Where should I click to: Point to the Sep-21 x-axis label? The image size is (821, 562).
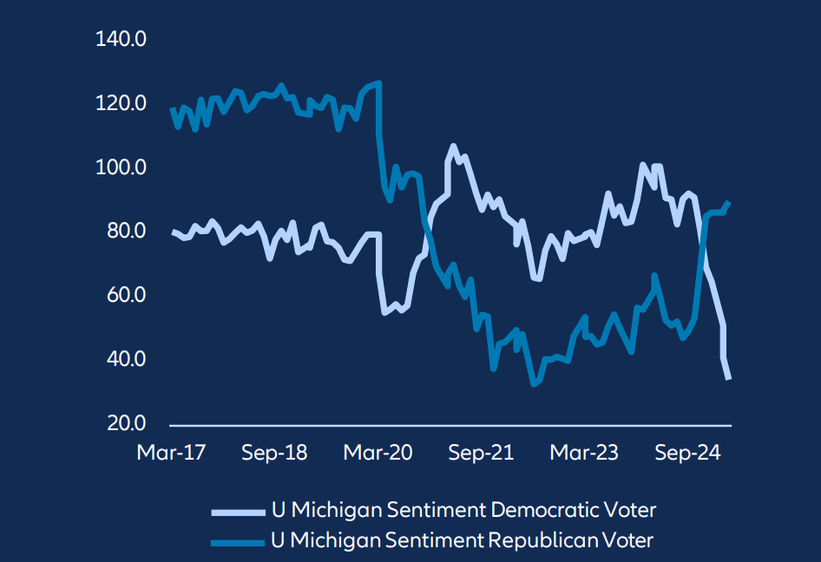point(481,454)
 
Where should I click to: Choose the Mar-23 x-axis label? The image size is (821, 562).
point(583,454)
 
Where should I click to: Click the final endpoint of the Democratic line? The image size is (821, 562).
point(728,379)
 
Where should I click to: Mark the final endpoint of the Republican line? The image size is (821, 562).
point(729,202)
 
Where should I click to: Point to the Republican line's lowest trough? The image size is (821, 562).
point(534,383)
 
